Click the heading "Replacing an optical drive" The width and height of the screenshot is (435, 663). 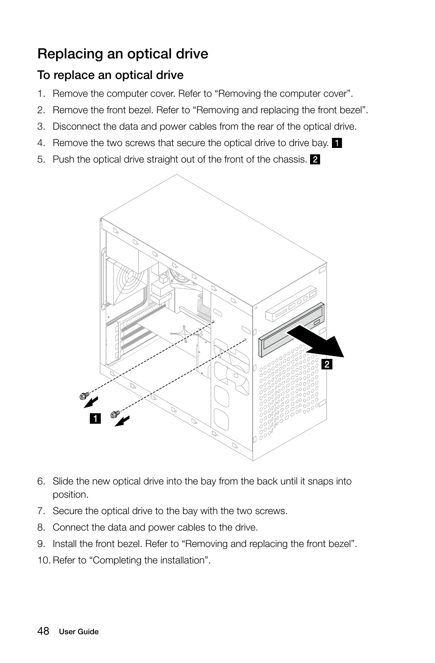coord(123,54)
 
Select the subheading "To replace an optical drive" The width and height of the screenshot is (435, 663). coord(110,75)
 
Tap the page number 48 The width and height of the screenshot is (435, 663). coord(43,631)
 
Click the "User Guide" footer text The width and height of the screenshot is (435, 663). coord(78,632)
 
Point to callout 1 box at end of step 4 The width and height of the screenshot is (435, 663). coord(337,143)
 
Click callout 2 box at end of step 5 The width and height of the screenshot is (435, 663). coord(315,159)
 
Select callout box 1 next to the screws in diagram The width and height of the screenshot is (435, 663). coord(95,418)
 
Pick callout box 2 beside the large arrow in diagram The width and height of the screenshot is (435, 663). coord(326,364)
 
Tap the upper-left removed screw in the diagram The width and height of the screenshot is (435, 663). coord(83,396)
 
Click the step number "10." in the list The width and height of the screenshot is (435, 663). coord(44,560)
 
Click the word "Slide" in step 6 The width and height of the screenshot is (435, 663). coord(63,481)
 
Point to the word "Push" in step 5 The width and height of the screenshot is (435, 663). coord(62,159)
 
